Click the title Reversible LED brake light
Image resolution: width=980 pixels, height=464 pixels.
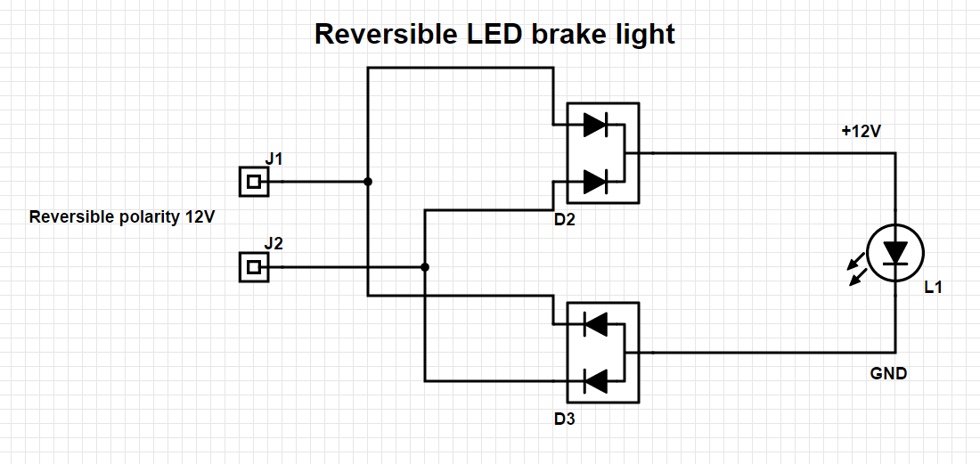(x=494, y=35)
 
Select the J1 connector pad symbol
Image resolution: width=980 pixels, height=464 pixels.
(x=254, y=182)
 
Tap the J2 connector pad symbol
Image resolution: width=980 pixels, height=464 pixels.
(x=254, y=267)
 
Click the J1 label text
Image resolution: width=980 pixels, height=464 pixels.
(x=274, y=159)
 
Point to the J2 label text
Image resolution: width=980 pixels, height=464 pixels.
(x=274, y=243)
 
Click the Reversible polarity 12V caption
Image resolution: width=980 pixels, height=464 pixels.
(x=123, y=217)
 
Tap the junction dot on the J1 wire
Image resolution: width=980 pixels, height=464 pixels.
(x=368, y=182)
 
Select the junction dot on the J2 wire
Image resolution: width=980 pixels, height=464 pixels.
(x=425, y=267)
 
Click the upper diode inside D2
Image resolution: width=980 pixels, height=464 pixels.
(x=595, y=125)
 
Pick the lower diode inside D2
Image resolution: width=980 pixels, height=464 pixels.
(x=595, y=182)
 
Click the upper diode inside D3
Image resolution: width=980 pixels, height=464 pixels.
(x=595, y=323)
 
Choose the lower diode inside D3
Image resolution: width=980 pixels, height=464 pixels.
(x=595, y=381)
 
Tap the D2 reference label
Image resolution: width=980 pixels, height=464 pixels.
(x=564, y=221)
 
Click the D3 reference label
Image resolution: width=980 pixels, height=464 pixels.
(x=564, y=419)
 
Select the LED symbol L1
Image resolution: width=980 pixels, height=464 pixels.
(x=895, y=254)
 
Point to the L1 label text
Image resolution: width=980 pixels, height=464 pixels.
(x=933, y=288)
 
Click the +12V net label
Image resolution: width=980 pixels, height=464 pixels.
(x=862, y=132)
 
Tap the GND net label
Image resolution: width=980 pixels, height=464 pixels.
(x=888, y=373)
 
